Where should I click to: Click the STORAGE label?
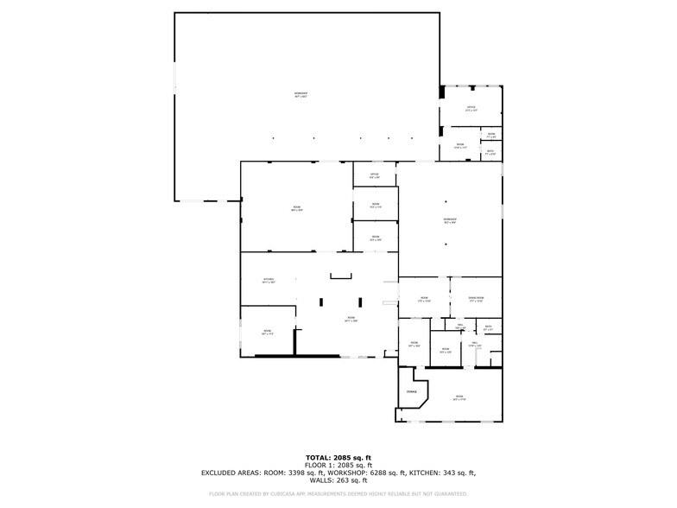(411, 392)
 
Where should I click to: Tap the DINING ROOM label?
(476, 298)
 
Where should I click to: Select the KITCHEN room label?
(269, 279)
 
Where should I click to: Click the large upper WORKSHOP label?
(301, 93)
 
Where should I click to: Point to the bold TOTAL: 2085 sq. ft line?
(338, 457)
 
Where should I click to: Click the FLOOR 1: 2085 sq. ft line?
(338, 465)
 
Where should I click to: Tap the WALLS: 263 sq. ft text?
(338, 480)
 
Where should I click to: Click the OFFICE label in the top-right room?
(471, 108)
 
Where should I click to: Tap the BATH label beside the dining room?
(488, 326)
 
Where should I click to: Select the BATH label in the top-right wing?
(490, 151)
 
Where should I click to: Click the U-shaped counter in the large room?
(341, 276)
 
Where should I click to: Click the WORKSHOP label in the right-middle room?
(450, 219)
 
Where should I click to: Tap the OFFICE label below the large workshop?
(375, 175)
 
